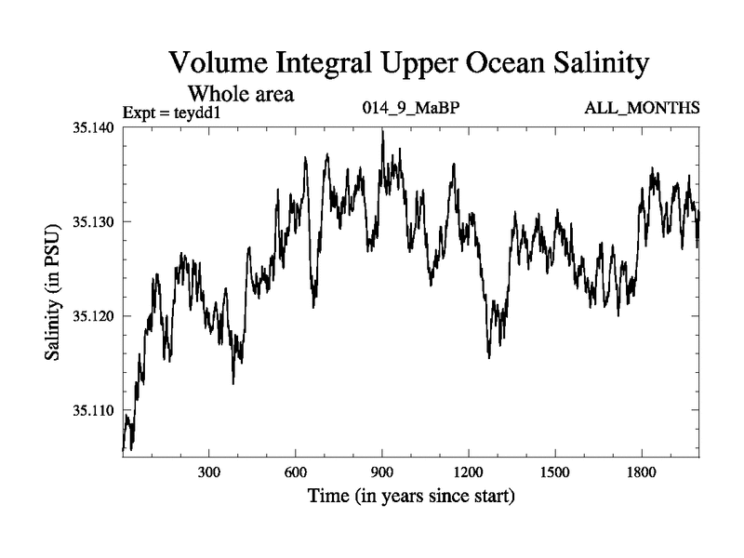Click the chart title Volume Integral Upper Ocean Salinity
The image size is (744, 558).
tap(407, 64)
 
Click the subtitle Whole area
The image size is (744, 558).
tap(242, 93)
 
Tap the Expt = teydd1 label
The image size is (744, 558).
tap(176, 113)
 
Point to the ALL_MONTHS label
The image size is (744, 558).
tap(642, 110)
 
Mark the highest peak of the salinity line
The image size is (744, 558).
tap(382, 131)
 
